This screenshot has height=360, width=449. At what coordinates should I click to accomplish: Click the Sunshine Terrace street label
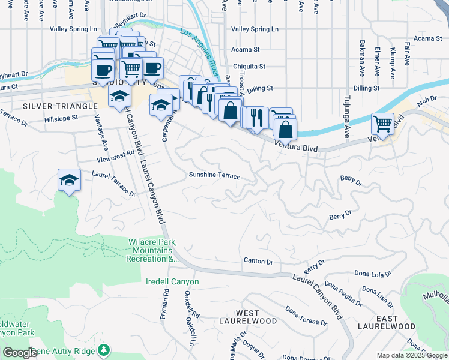(214, 176)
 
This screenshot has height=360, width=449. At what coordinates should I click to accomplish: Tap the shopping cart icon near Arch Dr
(382, 124)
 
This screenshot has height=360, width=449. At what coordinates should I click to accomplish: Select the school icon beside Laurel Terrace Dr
(69, 179)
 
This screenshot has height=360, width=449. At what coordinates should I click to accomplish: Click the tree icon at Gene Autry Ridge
(105, 349)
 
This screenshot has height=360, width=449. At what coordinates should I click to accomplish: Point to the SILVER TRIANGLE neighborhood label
(59, 106)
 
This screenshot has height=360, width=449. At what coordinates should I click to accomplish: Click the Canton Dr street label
(258, 262)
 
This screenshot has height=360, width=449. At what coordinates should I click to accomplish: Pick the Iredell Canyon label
(172, 281)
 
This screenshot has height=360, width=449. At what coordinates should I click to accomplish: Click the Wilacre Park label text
(152, 250)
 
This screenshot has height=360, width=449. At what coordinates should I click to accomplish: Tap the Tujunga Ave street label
(346, 116)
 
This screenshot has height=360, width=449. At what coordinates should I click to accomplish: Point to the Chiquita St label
(249, 67)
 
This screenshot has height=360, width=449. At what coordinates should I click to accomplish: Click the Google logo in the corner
(19, 353)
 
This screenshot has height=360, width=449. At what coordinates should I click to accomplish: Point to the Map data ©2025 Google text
(411, 355)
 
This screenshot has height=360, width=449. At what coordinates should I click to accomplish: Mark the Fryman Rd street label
(166, 305)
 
